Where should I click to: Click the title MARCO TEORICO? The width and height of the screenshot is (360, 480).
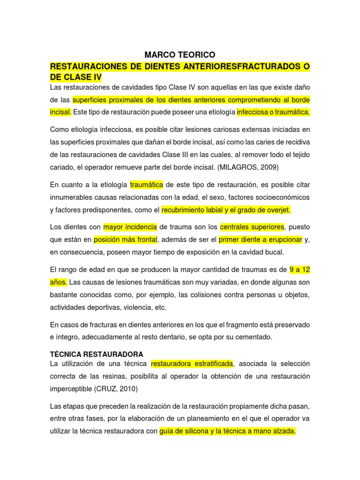tap(180, 55)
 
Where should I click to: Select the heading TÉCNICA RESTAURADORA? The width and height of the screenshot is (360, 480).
tap(96, 353)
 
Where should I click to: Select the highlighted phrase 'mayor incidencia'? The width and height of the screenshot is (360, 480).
tap(130, 227)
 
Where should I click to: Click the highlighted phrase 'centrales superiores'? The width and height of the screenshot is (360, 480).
tap(252, 227)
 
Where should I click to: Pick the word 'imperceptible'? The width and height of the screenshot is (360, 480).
tap(71, 389)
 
